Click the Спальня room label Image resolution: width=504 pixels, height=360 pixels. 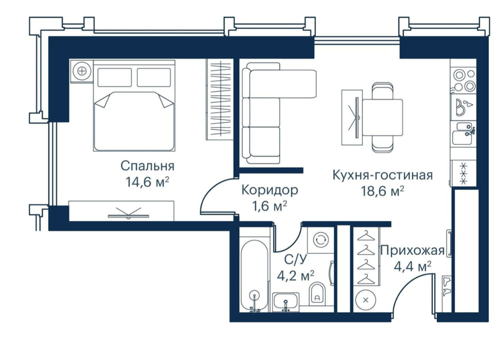pyautogui.click(x=147, y=166)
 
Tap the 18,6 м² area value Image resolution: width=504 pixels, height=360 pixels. pyautogui.click(x=383, y=191)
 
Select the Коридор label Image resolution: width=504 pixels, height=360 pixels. pyautogui.click(x=270, y=190)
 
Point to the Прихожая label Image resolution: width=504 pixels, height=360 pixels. pyautogui.click(x=412, y=250)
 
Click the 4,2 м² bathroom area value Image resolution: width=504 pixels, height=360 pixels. pyautogui.click(x=296, y=276)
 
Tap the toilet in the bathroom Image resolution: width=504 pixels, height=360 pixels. pyautogui.click(x=318, y=294)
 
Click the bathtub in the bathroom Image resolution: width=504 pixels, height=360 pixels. pyautogui.click(x=254, y=276)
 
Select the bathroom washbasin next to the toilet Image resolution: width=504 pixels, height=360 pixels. pyautogui.click(x=286, y=302)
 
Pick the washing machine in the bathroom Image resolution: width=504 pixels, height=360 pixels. pyautogui.click(x=320, y=240)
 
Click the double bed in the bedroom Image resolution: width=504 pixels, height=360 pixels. pyautogui.click(x=134, y=106)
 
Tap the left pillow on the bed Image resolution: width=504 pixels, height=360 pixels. pyautogui.click(x=114, y=77)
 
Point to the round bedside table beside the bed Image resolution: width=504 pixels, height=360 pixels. pyautogui.click(x=82, y=71)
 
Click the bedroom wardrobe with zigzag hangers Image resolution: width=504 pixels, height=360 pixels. pyautogui.click(x=219, y=99)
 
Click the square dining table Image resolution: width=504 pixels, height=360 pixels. pyautogui.click(x=382, y=118)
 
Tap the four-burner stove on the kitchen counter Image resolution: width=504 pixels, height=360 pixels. pyautogui.click(x=464, y=81)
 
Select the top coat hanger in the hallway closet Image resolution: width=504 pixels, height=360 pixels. pyautogui.click(x=366, y=236)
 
